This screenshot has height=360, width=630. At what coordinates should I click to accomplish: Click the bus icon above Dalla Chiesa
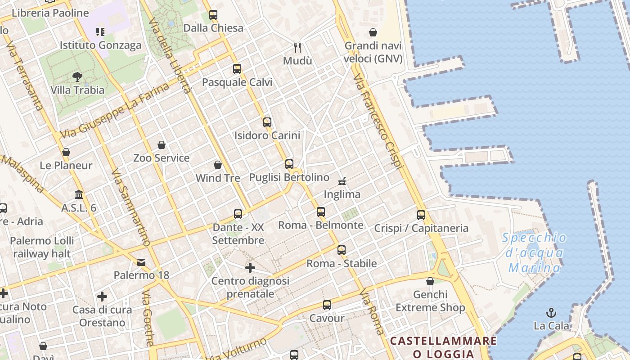pos(213,15)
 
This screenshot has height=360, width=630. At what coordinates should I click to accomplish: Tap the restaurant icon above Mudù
pos(297,47)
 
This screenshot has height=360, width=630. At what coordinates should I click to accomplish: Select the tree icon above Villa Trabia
pos(77,77)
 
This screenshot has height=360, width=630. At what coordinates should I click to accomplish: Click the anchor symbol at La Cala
pos(551,312)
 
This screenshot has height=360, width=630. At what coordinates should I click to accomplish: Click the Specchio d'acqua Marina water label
pos(534,253)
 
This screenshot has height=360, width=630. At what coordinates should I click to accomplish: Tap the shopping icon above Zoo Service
pos(162,145)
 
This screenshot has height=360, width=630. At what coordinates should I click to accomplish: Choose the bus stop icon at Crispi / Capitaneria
pos(421,215)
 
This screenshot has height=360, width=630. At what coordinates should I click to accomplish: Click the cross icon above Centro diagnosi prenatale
pos(250,268)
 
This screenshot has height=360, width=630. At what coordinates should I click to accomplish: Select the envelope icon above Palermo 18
pos(141,262)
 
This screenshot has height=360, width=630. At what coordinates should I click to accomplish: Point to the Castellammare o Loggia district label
pos(443,347)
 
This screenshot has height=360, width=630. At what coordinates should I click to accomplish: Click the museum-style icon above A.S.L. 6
pos(79,195)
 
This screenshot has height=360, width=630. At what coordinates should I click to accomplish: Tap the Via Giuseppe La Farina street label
pos(115,110)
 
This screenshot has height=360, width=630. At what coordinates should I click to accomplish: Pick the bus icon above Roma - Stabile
pos(342,250)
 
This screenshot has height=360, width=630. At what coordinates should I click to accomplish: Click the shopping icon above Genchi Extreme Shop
pos(430,282)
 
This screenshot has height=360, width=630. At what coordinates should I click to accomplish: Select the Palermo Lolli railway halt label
pos(42,247)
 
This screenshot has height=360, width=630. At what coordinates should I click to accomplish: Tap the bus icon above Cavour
pos(327,305)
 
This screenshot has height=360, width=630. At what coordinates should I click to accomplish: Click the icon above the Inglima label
pos(342,181)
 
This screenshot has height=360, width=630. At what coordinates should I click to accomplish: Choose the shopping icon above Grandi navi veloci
pos(373,32)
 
